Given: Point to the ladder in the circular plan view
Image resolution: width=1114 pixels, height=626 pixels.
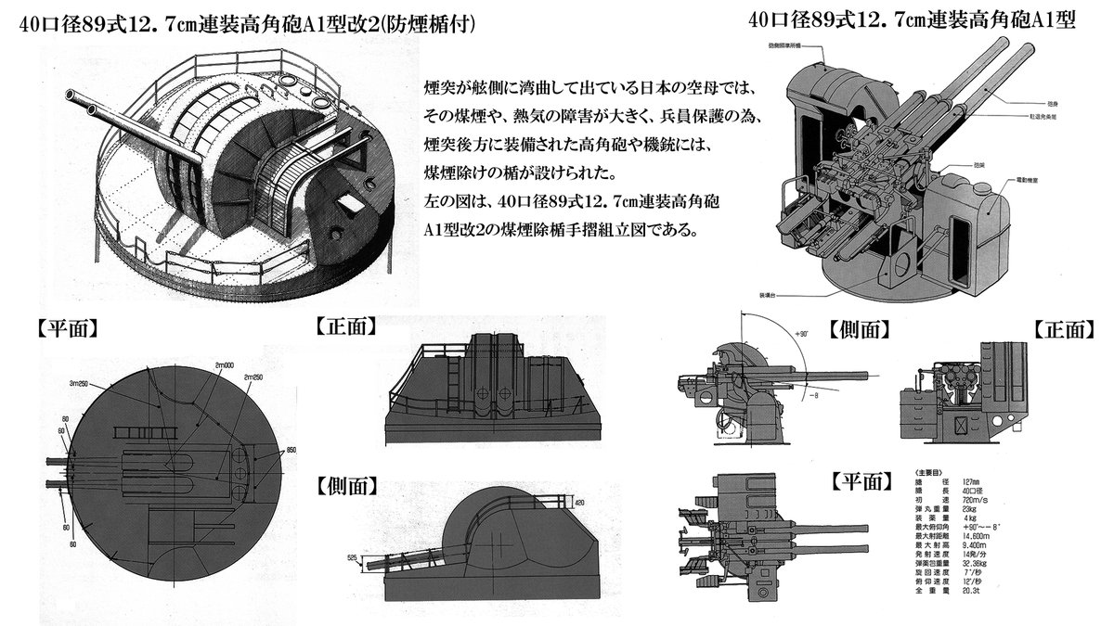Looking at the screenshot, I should pos(139,432).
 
